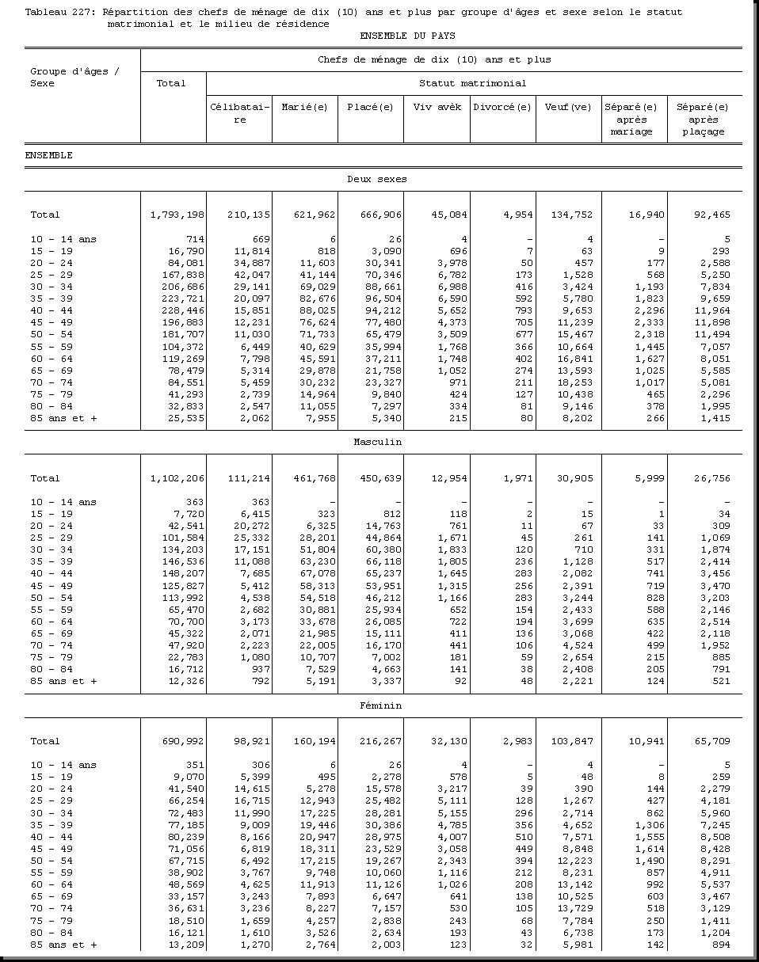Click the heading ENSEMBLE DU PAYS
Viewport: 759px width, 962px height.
click(407, 36)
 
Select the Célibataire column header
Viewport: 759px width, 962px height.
click(239, 113)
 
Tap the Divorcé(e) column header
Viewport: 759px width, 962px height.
click(502, 108)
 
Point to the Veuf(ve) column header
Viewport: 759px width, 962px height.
click(568, 108)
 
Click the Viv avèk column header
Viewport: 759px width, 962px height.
click(437, 108)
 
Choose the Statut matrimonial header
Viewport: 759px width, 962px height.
click(472, 83)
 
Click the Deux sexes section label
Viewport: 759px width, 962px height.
click(377, 179)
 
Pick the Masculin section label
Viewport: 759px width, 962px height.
click(377, 442)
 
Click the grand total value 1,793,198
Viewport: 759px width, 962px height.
click(177, 215)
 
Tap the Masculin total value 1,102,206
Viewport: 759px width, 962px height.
click(177, 478)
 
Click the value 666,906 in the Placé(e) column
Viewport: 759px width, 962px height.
click(381, 215)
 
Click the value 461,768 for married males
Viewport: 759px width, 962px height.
click(315, 478)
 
